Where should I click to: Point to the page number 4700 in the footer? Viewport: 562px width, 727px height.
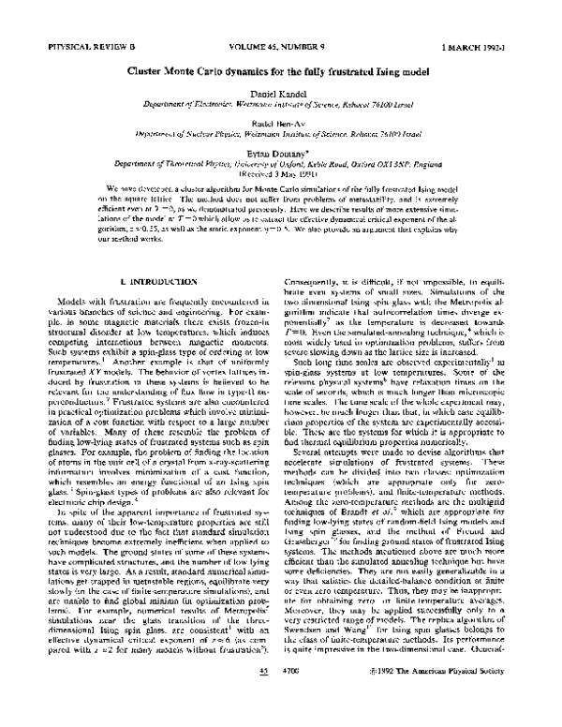tap(294, 698)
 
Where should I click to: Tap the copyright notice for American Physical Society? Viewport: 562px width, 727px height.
tap(445, 698)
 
